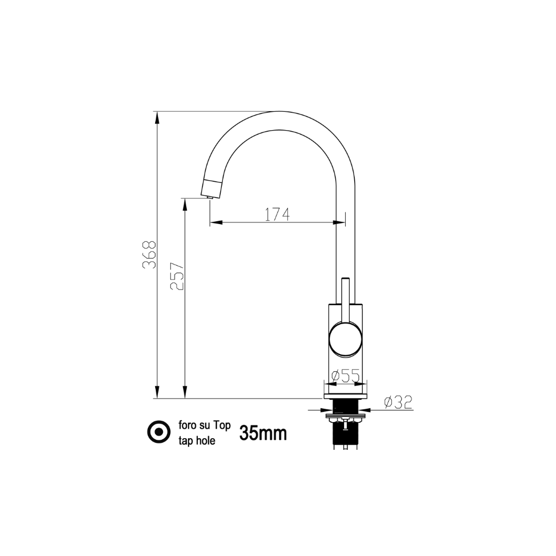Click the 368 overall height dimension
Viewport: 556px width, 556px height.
(149, 255)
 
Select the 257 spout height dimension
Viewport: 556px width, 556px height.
(177, 276)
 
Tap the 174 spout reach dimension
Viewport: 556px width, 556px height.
(277, 214)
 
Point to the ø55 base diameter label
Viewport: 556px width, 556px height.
(345, 375)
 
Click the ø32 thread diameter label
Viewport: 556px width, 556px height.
(398, 402)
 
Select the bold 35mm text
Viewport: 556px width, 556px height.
(263, 433)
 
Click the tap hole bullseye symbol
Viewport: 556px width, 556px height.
(159, 431)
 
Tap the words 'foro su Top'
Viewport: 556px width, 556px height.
(205, 425)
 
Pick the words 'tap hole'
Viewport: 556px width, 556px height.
(197, 441)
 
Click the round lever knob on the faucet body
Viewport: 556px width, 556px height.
(346, 339)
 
